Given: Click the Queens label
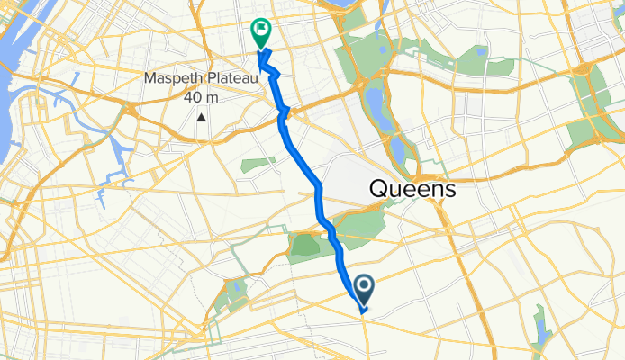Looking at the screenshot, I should pyautogui.click(x=411, y=190).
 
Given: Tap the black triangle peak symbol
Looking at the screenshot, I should pyautogui.click(x=202, y=117).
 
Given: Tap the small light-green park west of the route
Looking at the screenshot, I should pyautogui.click(x=258, y=165).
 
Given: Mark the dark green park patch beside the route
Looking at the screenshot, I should pyautogui.click(x=306, y=243).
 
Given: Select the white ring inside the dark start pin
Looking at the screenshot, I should pyautogui.click(x=365, y=286).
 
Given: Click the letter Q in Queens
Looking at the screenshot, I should pyautogui.click(x=378, y=190).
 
